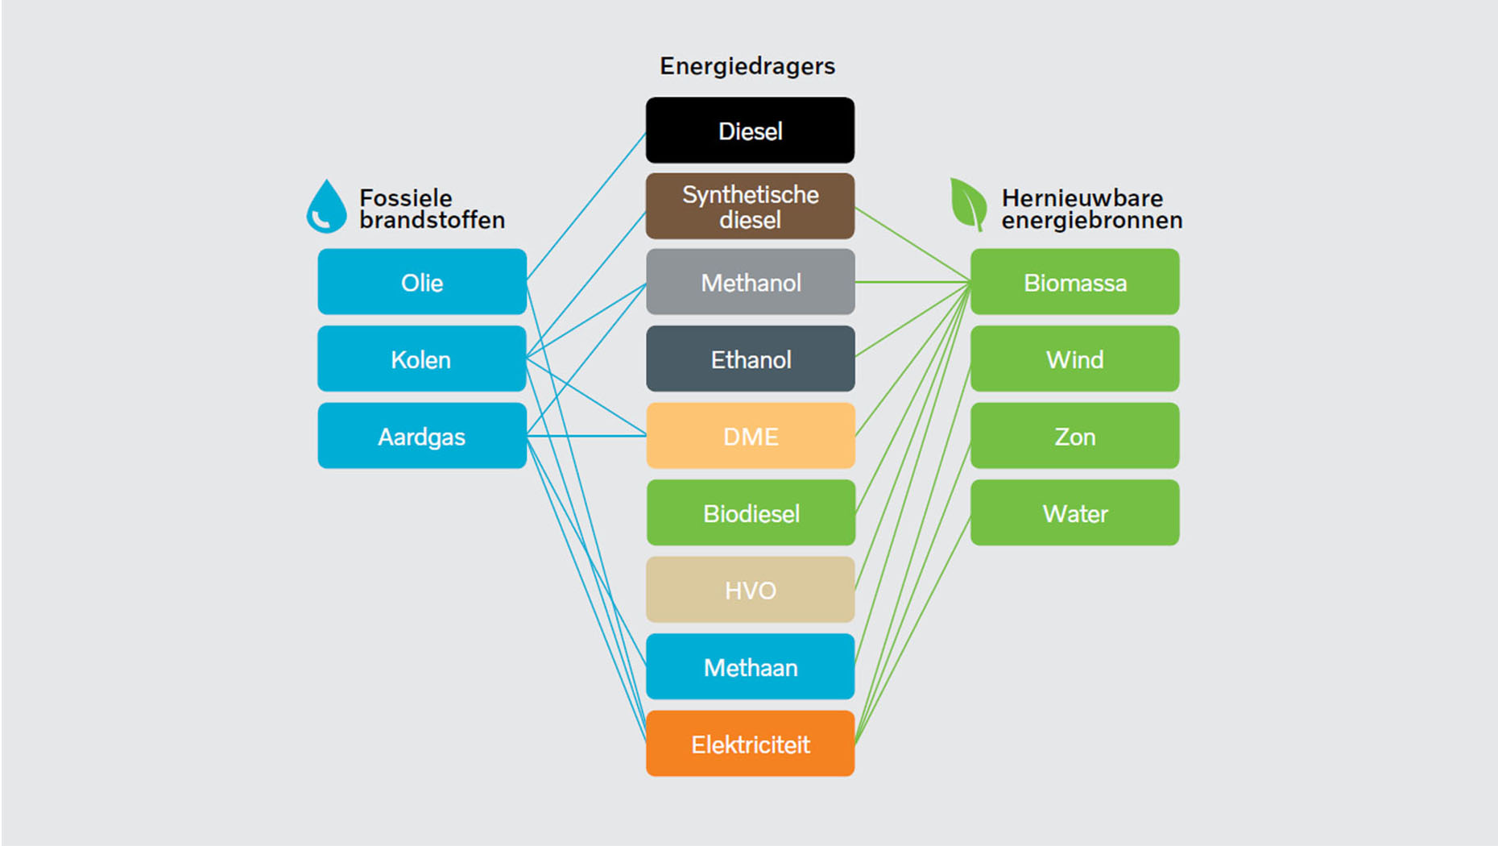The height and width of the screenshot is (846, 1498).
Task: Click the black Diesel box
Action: click(750, 131)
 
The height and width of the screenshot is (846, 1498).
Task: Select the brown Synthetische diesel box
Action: click(750, 206)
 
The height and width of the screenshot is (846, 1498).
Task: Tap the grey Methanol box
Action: click(750, 282)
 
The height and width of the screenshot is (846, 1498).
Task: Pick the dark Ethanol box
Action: click(750, 359)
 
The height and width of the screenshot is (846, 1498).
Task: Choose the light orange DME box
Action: click(750, 436)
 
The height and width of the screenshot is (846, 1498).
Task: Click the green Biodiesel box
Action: click(750, 512)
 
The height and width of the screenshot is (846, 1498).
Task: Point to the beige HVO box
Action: click(750, 590)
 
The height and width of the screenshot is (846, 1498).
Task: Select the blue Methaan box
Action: click(750, 666)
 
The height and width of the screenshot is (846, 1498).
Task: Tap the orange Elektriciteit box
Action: click(750, 744)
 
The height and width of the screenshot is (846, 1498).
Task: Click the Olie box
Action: click(422, 282)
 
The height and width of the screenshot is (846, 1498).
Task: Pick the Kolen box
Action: click(422, 359)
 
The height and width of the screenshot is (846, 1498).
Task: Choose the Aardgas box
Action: click(422, 436)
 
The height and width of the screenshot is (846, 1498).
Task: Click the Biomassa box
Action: click(1074, 282)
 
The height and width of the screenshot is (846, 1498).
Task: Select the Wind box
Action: click(1074, 359)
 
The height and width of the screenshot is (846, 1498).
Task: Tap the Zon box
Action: click(1074, 436)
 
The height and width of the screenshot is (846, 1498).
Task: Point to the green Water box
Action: click(1074, 512)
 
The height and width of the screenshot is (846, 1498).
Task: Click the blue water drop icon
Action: click(326, 207)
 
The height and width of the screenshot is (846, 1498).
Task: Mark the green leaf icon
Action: click(968, 204)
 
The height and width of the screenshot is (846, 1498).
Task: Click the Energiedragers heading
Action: click(747, 66)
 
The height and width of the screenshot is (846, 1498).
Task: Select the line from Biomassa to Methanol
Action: click(912, 282)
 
